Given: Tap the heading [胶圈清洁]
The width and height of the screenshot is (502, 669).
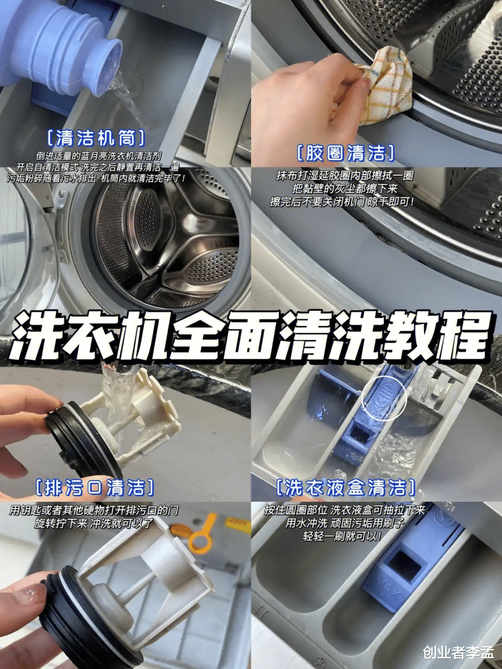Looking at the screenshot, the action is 345,153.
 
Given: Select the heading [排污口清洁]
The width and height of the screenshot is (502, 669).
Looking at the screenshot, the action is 95,488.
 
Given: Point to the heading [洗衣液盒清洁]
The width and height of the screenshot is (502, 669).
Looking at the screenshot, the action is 345,488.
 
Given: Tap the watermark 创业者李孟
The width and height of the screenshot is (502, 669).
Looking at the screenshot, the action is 458,652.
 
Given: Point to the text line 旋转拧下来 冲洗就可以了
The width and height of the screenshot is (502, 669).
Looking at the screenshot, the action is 93,523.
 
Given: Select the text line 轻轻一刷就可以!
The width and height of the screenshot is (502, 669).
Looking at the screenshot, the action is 342,537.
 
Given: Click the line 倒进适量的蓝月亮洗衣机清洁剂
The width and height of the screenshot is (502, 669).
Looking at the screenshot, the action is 99,156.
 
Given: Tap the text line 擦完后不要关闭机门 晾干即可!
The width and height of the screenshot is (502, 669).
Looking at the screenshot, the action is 342,202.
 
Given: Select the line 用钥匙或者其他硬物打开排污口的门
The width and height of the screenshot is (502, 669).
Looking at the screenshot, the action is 94,510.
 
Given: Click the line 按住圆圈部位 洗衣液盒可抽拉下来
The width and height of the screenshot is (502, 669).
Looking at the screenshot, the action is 344,510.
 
